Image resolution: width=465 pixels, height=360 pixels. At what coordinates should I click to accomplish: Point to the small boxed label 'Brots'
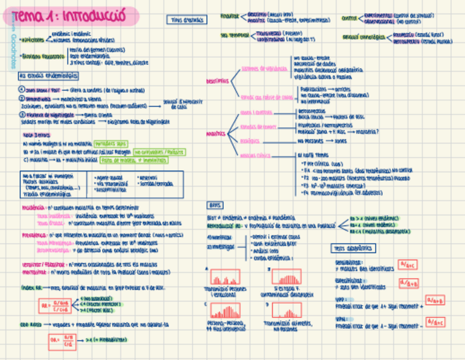pyautogui.click(x=214, y=205)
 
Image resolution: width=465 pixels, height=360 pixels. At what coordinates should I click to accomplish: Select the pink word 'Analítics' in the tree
pyautogui.click(x=216, y=133)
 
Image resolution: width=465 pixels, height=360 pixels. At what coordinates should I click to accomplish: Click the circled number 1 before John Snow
pyautogui.click(x=21, y=89)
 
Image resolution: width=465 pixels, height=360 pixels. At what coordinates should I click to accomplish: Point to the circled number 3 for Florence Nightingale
pyautogui.click(x=21, y=115)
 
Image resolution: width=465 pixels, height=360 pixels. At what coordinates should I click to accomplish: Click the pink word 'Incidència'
pyautogui.click(x=33, y=209)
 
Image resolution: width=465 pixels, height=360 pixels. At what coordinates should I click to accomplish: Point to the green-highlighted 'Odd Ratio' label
pyautogui.click(x=31, y=324)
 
